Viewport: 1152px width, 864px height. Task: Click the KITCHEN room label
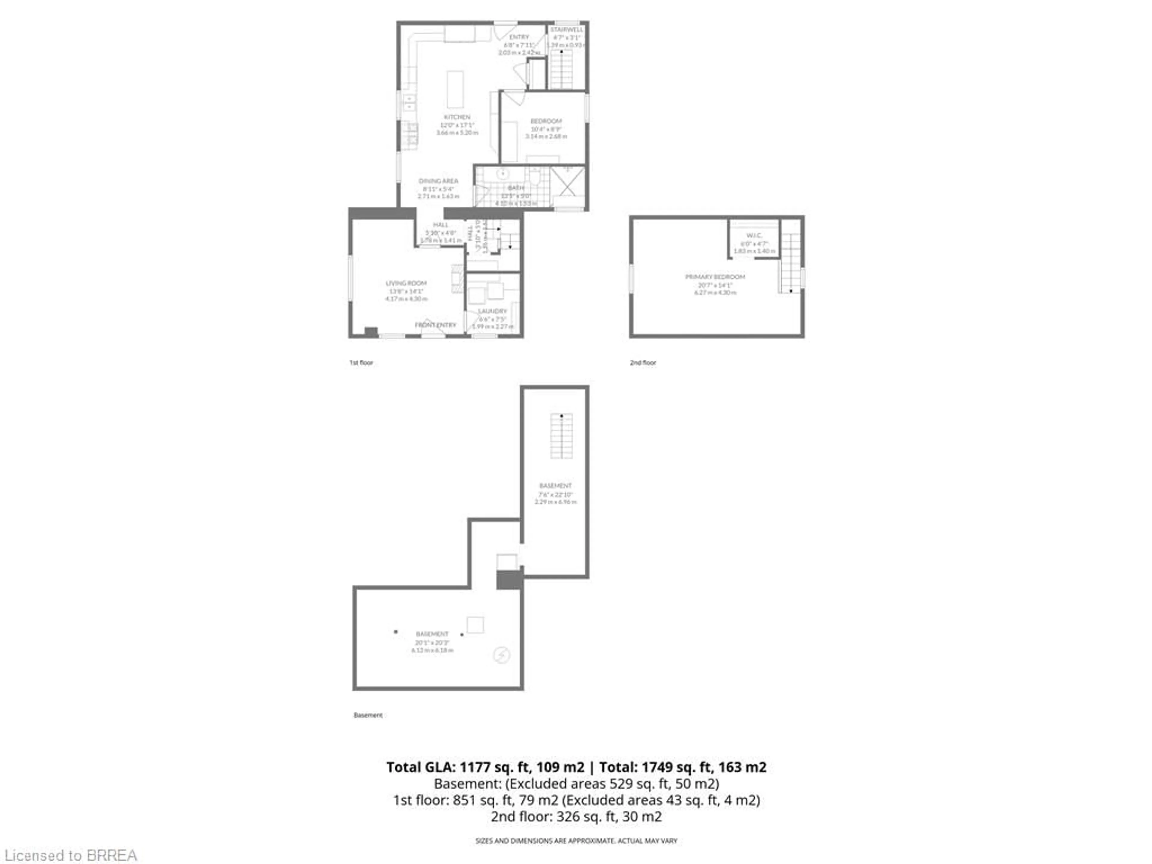tap(457, 117)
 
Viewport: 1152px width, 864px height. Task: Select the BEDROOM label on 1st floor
tap(546, 121)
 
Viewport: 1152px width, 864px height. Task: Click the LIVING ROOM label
tap(406, 283)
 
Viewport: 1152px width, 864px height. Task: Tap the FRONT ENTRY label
tap(435, 325)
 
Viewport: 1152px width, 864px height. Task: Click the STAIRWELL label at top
tap(567, 30)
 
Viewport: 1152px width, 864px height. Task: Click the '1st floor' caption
tap(361, 362)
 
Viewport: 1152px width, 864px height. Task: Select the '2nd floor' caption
tap(643, 362)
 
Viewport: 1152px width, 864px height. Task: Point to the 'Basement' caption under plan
tap(368, 715)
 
